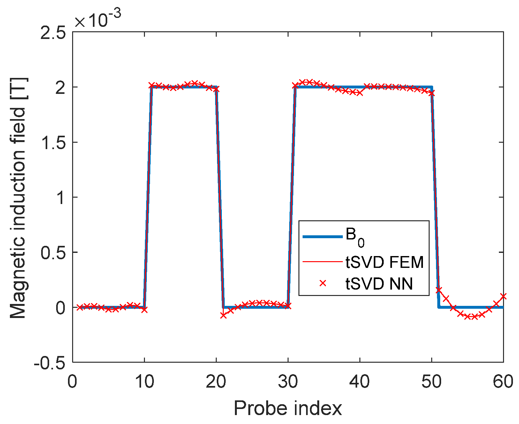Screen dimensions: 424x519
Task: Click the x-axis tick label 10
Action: [144, 382]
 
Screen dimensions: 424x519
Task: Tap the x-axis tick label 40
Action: [360, 382]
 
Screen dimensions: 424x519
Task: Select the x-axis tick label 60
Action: [503, 382]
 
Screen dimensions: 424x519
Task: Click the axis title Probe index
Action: [288, 408]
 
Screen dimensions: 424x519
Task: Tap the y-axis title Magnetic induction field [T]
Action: [18, 198]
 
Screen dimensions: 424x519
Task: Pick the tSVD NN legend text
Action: [379, 284]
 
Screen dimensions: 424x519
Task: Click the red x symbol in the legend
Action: [323, 283]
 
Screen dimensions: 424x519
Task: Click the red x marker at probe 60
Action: [503, 296]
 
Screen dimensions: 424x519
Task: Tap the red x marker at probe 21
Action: [223, 315]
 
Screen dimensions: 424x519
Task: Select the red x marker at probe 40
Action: [360, 93]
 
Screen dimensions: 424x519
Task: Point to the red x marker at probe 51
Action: [439, 290]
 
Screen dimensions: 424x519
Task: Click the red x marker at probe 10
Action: [144, 309]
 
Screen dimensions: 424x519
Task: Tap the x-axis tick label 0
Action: [73, 382]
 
